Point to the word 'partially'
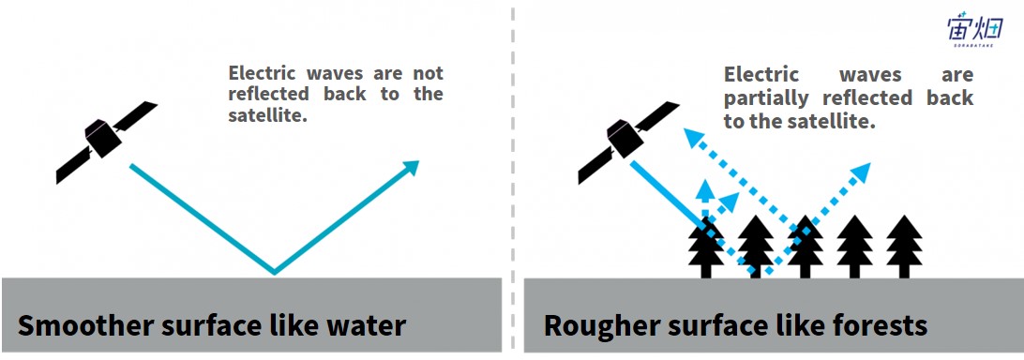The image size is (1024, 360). (x=766, y=98)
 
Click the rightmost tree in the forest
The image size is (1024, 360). (x=904, y=247)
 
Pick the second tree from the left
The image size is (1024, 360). (x=756, y=247)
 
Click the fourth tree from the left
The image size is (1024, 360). (x=855, y=247)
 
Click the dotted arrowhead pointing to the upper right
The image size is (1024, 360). (x=861, y=172)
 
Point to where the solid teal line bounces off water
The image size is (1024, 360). (x=274, y=273)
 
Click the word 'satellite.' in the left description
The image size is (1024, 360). (x=268, y=116)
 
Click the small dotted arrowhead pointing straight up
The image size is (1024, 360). (x=704, y=189)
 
